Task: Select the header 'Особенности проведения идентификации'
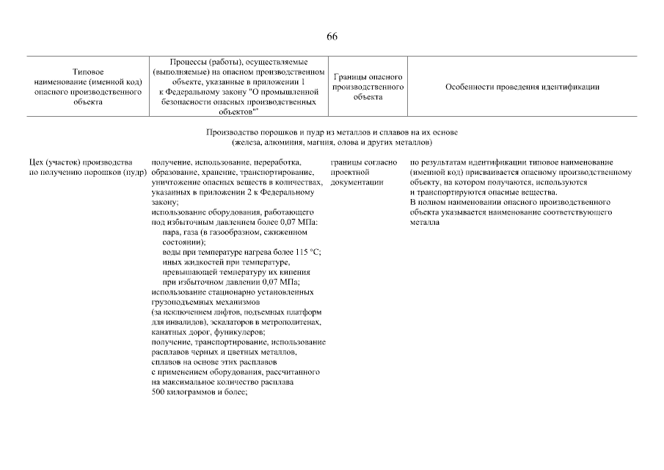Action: [x=522, y=87]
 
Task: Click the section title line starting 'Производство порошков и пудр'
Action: [x=332, y=132]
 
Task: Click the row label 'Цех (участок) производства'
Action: [x=80, y=162]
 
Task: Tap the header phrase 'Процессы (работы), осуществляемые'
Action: [x=238, y=62]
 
